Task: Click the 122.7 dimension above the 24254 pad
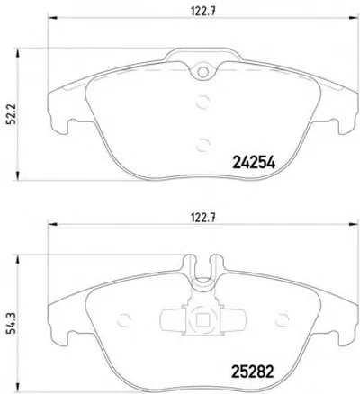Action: pos(203,11)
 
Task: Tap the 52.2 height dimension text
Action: pos(11,114)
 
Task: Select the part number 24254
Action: pos(254,163)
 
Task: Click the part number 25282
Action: pos(253,372)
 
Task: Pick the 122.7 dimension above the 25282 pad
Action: pos(203,218)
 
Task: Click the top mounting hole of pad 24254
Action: pos(203,72)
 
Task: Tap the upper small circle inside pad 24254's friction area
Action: pos(202,102)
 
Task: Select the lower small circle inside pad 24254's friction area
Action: pos(202,145)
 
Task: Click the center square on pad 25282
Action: pos(203,320)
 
